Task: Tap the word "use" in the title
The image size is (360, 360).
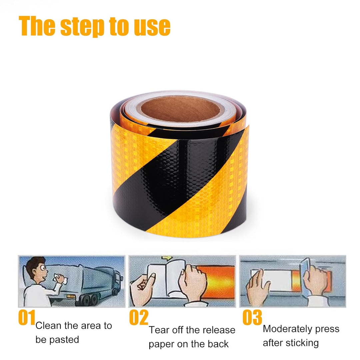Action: [152, 27]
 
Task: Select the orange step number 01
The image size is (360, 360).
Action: [27, 317]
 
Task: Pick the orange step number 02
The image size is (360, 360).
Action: [139, 317]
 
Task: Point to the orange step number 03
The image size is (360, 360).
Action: [252, 317]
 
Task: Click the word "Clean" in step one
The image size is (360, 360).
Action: [49, 326]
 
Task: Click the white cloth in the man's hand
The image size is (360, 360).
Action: [60, 279]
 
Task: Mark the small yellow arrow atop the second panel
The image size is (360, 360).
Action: [167, 258]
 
